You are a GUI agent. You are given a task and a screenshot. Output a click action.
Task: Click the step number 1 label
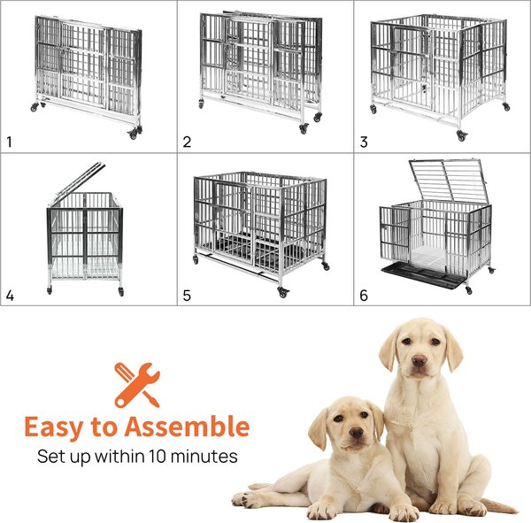pyautogui.click(x=9, y=142)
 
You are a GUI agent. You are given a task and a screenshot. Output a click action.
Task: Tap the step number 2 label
pyautogui.click(x=187, y=142)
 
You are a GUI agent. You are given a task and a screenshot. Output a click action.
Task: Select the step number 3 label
pyautogui.click(x=364, y=142)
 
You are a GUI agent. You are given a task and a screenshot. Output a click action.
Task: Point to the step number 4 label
pyautogui.click(x=10, y=296)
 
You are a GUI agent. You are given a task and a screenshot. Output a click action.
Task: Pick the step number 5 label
pyautogui.click(x=187, y=296)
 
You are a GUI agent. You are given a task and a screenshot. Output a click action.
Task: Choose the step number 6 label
pyautogui.click(x=364, y=296)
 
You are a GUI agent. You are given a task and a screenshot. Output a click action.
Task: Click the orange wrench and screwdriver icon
pyautogui.click(x=137, y=385)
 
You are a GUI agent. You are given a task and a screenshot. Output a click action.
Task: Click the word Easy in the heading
pyautogui.click(x=54, y=427)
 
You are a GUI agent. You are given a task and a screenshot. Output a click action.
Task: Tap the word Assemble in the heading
pyautogui.click(x=188, y=426)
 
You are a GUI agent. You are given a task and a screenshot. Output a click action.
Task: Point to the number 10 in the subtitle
pyautogui.click(x=158, y=457)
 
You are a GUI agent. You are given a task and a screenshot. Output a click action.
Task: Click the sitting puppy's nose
pyautogui.click(x=419, y=360)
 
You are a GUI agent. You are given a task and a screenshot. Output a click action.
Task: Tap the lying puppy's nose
pyautogui.click(x=357, y=432)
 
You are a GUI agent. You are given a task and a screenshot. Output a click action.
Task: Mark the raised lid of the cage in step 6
pyautogui.click(x=447, y=180)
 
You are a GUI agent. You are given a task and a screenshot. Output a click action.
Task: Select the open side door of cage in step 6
pyautogui.click(x=396, y=234)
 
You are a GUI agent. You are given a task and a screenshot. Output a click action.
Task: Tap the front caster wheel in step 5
pyautogui.click(x=283, y=291)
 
